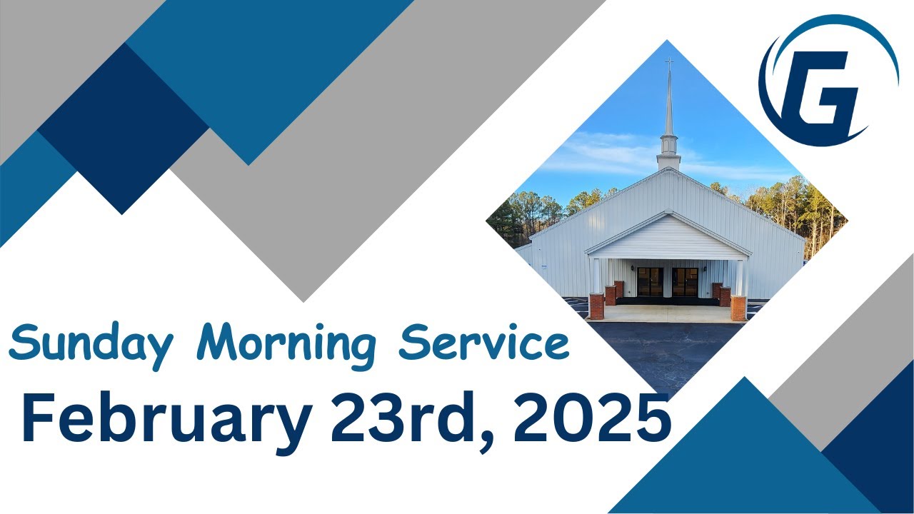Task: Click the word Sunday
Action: point(91,345)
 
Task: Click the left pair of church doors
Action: point(650,281)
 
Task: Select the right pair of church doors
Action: point(685,281)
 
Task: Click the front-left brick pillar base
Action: point(596,307)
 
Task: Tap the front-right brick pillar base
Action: point(738,308)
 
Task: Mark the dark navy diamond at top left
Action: point(123,128)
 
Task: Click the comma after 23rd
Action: point(488,437)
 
